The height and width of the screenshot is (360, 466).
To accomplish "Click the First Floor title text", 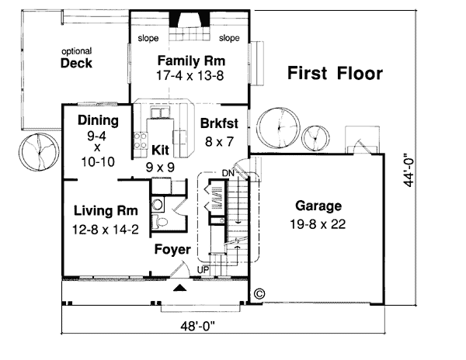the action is (x=335, y=73).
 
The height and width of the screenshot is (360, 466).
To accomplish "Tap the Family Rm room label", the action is (x=191, y=61).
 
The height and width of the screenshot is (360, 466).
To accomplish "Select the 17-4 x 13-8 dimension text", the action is (x=190, y=76).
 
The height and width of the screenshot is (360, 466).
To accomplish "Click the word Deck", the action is (x=76, y=63).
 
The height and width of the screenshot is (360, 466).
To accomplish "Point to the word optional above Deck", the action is (x=77, y=51).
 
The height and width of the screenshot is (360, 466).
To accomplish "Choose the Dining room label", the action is (x=98, y=121).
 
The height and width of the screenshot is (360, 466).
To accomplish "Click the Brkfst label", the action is (x=219, y=123).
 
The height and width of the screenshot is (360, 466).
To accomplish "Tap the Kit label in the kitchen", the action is (x=160, y=151).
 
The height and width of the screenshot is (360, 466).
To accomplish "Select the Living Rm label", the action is (x=106, y=211).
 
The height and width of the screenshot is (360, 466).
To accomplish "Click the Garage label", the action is (x=318, y=206).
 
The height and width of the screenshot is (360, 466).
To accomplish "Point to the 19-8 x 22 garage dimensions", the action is (x=318, y=224).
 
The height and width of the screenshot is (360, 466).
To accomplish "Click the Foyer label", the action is (x=172, y=249).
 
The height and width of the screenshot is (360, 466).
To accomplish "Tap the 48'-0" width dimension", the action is (x=197, y=327).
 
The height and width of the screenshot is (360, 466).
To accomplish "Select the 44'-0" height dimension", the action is (x=409, y=170).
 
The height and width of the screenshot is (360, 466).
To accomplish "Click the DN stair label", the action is (x=228, y=173).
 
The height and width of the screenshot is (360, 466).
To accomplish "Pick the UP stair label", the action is (x=203, y=270).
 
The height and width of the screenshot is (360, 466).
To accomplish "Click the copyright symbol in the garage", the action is (x=259, y=293).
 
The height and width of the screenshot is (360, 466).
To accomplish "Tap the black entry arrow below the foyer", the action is (x=180, y=287).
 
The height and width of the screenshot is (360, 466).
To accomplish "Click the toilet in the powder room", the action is (x=161, y=222).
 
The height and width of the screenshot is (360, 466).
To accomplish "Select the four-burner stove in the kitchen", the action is (x=141, y=140).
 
